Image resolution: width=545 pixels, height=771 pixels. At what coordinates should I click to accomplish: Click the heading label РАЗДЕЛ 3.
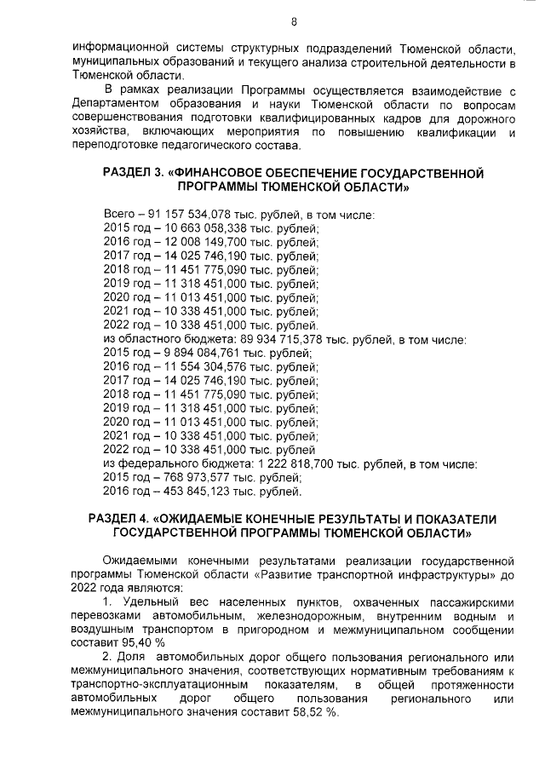(x=135, y=173)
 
